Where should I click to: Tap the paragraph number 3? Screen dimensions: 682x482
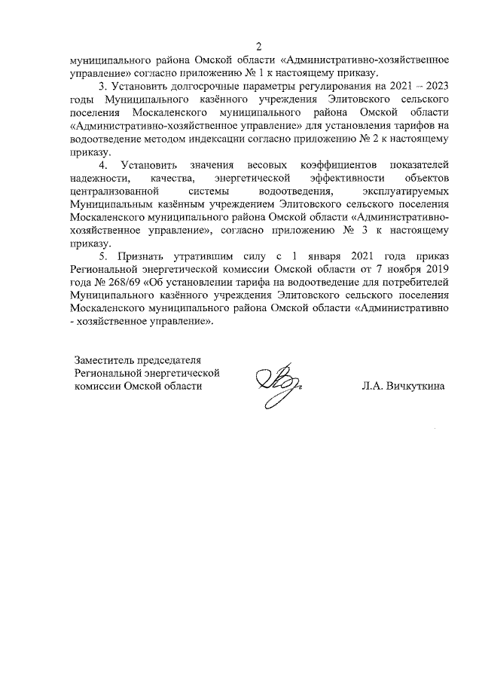pyautogui.click(x=103, y=86)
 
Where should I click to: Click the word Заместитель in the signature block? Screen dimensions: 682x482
pyautogui.click(x=102, y=359)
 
